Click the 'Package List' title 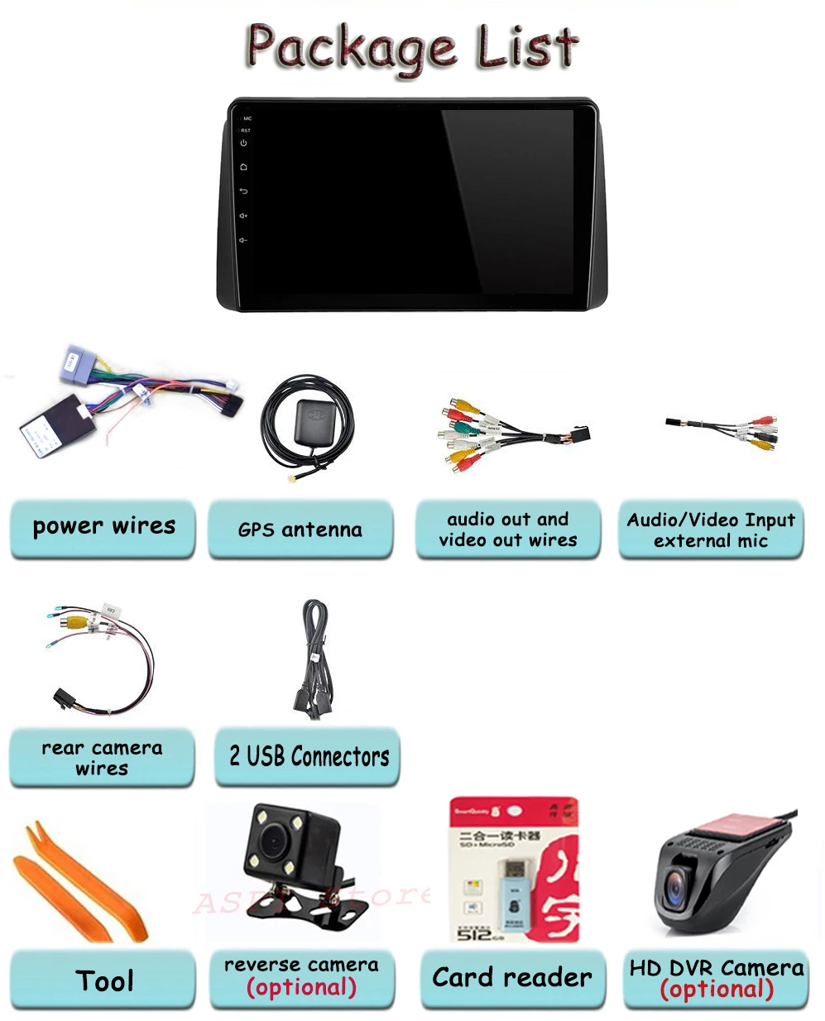412,47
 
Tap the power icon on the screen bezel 243,143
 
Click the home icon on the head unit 243,167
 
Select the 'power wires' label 103,527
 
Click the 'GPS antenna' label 300,530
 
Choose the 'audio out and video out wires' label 508,530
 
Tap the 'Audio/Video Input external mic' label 711,530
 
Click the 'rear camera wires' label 102,758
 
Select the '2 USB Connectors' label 308,756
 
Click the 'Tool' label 103,981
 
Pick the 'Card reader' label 512,978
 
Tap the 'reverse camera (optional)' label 301,977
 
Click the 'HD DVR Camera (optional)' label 716,979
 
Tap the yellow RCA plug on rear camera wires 77,619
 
